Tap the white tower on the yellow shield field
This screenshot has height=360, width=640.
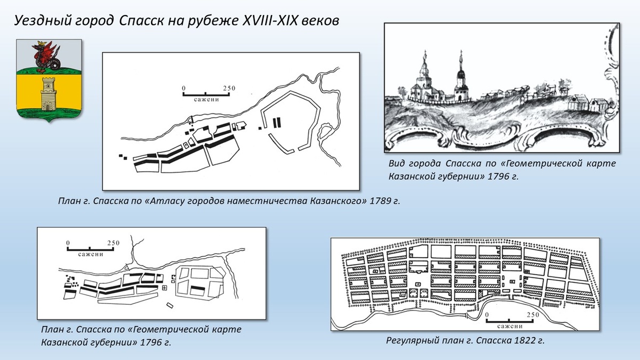click(x=49, y=93)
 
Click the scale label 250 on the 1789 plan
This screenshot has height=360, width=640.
click(x=228, y=89)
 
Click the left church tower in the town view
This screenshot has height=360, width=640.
click(x=425, y=75)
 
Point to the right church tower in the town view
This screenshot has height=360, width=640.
click(x=460, y=75)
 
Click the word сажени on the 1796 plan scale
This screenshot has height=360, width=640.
click(x=90, y=254)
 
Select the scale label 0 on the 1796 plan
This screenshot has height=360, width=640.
click(x=68, y=243)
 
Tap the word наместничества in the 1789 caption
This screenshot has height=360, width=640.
click(x=265, y=201)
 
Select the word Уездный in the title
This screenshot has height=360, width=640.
click(x=36, y=21)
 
